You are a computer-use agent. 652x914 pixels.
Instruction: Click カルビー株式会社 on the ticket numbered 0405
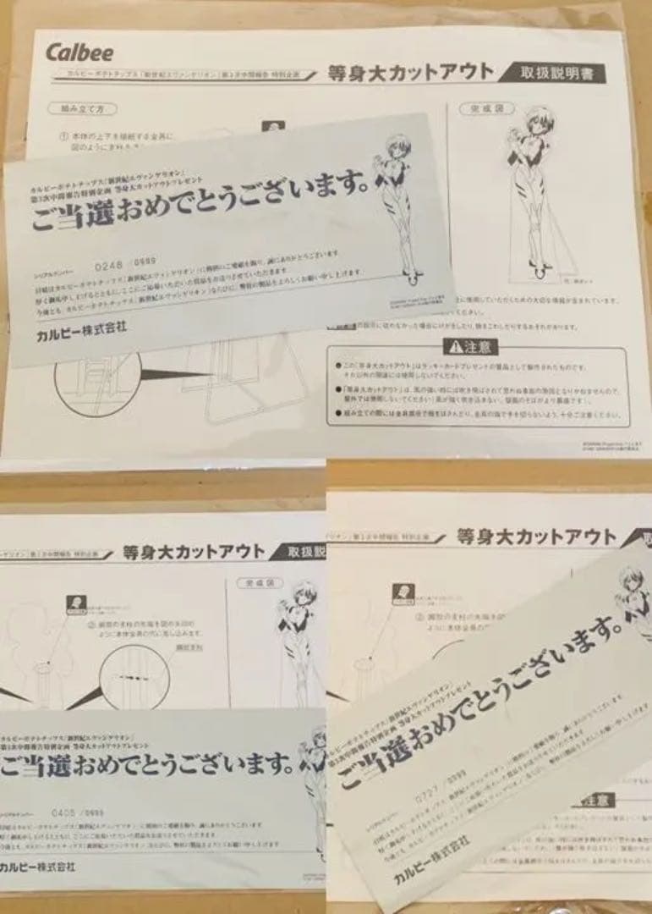pos(38,867)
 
